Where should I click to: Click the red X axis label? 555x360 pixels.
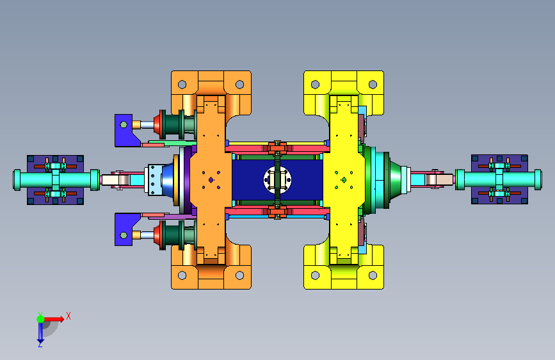click(68, 316)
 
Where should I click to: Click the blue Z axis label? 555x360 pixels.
click(40, 344)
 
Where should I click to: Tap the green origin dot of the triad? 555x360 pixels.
click(41, 319)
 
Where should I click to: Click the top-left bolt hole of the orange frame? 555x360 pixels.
click(182, 85)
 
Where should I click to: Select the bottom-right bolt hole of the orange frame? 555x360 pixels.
click(239, 275)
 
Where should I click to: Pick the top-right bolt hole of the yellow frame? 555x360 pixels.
click(373, 85)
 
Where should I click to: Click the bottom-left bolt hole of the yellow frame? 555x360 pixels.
click(315, 275)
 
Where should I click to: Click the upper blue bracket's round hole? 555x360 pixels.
click(124, 124)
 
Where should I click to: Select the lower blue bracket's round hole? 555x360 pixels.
click(124, 235)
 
